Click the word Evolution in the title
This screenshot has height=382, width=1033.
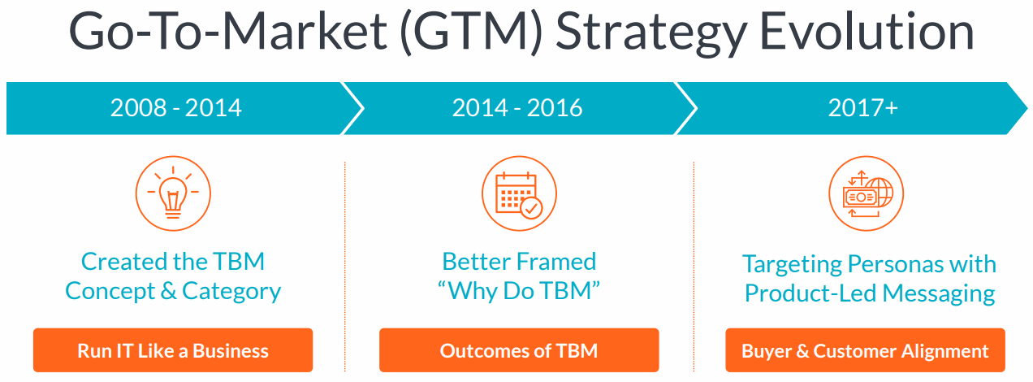tap(867, 32)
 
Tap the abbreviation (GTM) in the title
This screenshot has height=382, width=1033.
tap(471, 33)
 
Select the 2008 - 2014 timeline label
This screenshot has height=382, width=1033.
tap(175, 108)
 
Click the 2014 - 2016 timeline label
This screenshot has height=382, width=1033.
tap(517, 108)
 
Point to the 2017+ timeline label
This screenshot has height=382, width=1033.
tap(862, 108)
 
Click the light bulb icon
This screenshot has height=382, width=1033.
tap(173, 193)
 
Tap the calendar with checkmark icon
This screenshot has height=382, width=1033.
tap(519, 193)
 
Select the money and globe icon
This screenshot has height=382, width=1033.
tap(866, 193)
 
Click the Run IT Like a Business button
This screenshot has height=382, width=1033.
tap(173, 350)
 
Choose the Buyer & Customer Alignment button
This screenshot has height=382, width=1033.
tap(865, 350)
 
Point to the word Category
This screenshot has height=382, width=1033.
tap(231, 292)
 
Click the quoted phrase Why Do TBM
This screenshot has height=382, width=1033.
tap(519, 291)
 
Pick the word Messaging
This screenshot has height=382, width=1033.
tap(939, 294)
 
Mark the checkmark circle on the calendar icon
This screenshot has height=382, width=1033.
tap(531, 208)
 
